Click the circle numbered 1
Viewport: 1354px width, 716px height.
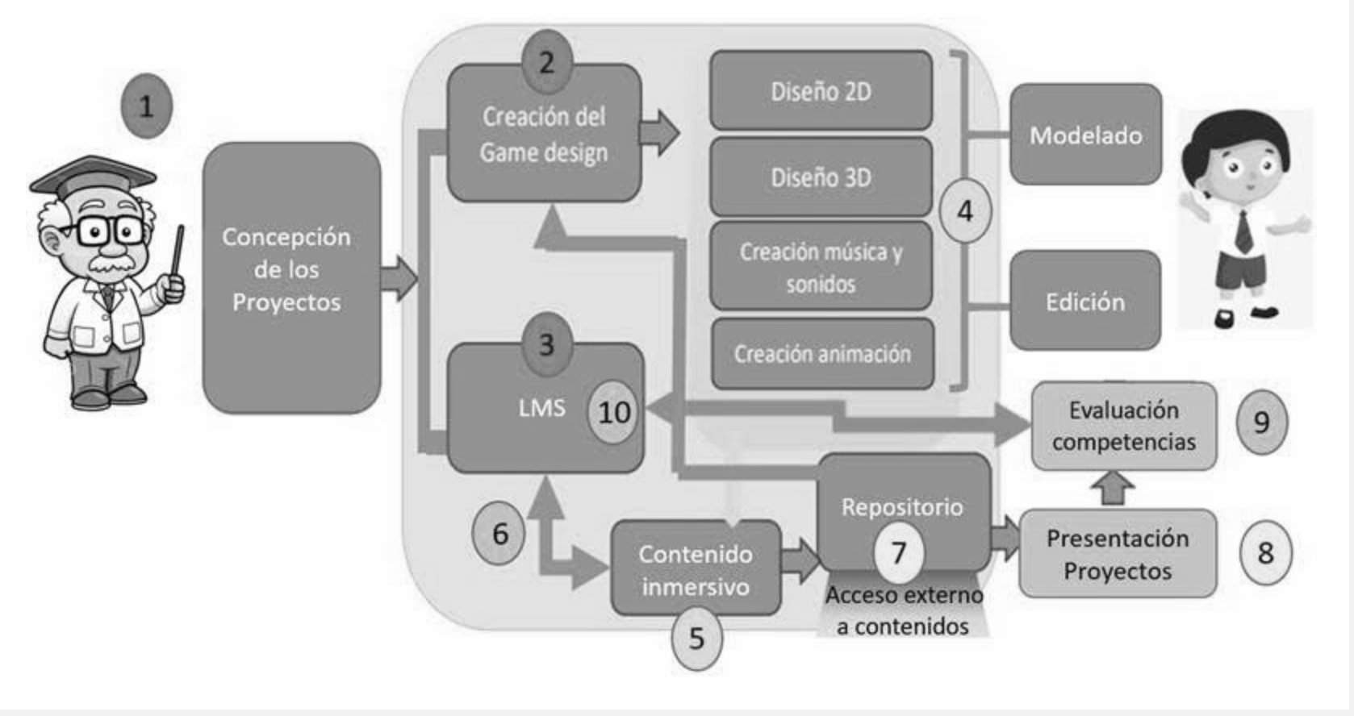pos(146,106)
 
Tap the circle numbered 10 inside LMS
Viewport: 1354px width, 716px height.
pos(613,412)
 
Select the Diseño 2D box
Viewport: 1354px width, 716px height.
pos(821,91)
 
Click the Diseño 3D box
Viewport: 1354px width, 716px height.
pos(821,177)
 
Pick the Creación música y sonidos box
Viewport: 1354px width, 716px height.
pos(821,267)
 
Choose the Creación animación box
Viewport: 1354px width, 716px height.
pos(821,353)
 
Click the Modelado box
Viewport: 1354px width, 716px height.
pos(1085,135)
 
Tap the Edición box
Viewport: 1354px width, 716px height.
pos(1085,302)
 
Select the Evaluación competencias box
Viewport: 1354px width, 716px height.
pos(1123,426)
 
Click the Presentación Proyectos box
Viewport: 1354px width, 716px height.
pos(1117,554)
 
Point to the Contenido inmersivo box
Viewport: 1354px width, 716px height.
pos(696,569)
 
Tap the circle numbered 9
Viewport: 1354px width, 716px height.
pos(1261,423)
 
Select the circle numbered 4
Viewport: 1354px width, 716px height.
pos(965,211)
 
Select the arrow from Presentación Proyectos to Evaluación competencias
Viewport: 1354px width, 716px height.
pos(1117,488)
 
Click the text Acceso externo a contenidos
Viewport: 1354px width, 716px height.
pos(903,610)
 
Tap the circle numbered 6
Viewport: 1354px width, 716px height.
pos(499,533)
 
